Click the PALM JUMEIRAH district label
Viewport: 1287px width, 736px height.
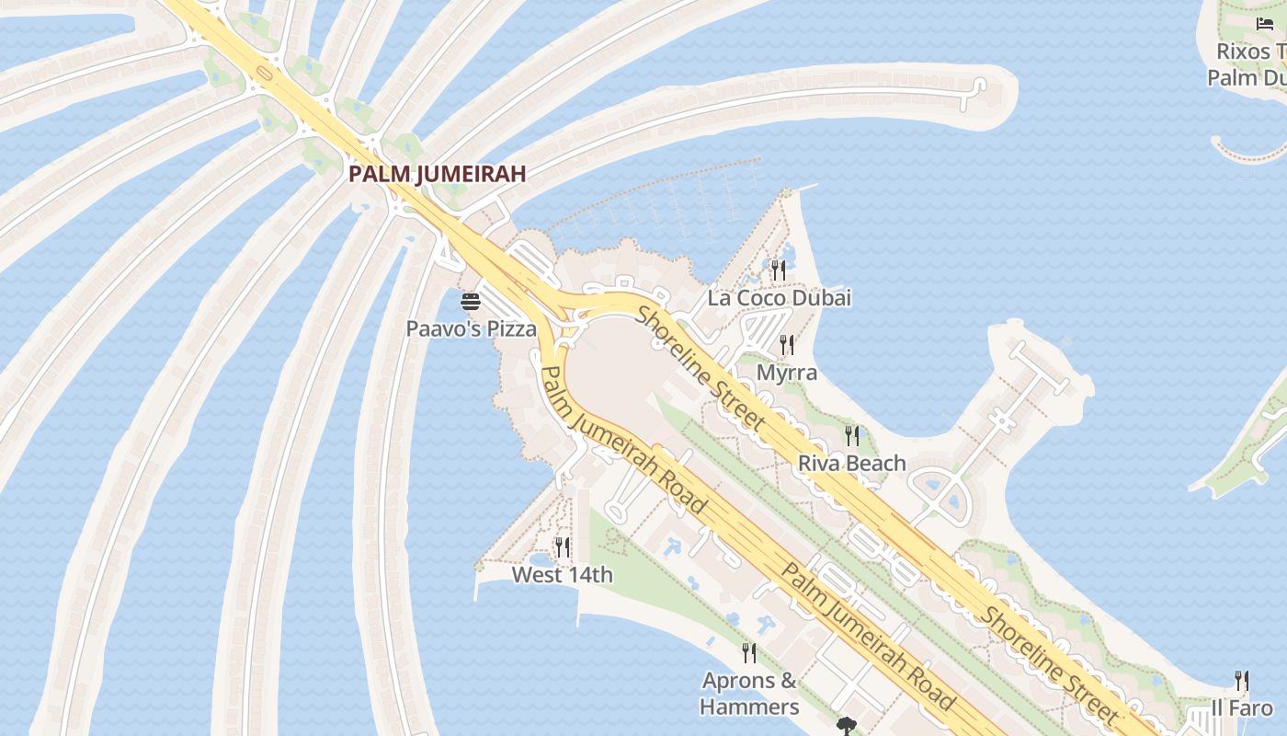(x=437, y=173)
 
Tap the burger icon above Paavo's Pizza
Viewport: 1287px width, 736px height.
(x=472, y=301)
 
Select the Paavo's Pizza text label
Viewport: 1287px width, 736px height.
(x=472, y=328)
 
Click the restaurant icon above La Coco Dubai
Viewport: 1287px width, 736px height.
(x=779, y=270)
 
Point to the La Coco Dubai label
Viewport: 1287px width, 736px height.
(x=779, y=298)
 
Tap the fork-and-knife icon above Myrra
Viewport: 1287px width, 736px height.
(x=787, y=345)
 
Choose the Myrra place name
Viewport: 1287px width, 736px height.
(x=787, y=373)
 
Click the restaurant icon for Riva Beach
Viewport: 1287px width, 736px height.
(x=852, y=435)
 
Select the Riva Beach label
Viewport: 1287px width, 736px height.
(x=852, y=463)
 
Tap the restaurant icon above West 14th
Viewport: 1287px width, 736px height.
(x=563, y=547)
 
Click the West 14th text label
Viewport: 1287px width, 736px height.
(x=563, y=575)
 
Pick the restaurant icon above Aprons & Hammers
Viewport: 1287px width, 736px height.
(x=749, y=653)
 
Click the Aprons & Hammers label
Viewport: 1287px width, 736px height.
(x=749, y=694)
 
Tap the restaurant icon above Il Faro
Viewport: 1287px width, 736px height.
(x=1242, y=681)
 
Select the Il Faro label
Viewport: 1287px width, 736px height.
(x=1242, y=707)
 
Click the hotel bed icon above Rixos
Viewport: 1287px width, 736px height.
(x=1266, y=23)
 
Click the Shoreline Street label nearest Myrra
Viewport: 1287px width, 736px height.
(x=700, y=368)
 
